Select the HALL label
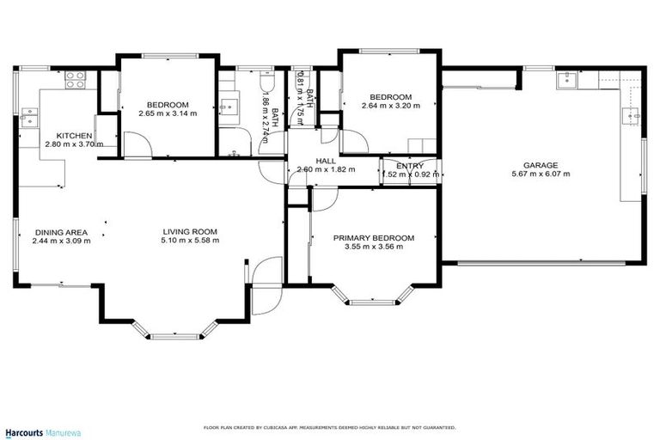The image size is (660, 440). pos(325,160)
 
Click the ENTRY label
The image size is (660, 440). pos(409,165)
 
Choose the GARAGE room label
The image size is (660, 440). pos(541,165)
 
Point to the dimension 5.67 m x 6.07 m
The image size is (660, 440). pos(541,174)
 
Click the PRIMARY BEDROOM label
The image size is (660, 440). pos(374,238)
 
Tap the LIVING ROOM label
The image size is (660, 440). pos(191,231)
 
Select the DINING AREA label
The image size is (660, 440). pos(61,231)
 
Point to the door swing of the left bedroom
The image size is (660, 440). pos(137,144)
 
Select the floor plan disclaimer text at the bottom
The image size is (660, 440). pos(329,427)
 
